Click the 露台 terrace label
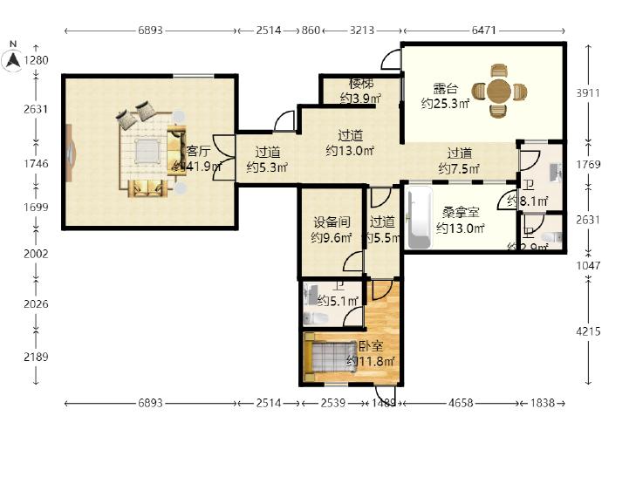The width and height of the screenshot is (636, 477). point(445,88)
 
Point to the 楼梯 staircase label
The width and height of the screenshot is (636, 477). point(360,85)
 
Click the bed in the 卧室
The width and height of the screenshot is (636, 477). point(327,357)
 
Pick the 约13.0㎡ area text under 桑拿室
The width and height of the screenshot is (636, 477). point(460,229)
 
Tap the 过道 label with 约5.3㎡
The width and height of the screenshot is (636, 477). point(267,152)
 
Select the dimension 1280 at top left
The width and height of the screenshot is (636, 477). point(37,60)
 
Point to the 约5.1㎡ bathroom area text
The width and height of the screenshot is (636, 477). point(338,302)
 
